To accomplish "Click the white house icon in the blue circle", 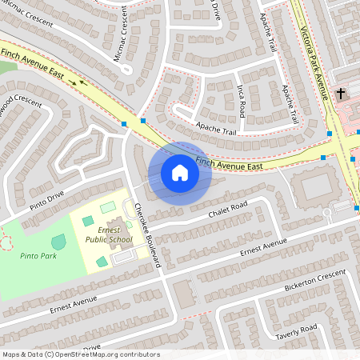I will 180,173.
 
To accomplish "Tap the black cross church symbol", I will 340,94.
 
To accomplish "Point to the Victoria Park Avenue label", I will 314,51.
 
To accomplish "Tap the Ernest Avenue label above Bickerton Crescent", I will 262,249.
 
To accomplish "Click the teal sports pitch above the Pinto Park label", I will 59,241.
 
